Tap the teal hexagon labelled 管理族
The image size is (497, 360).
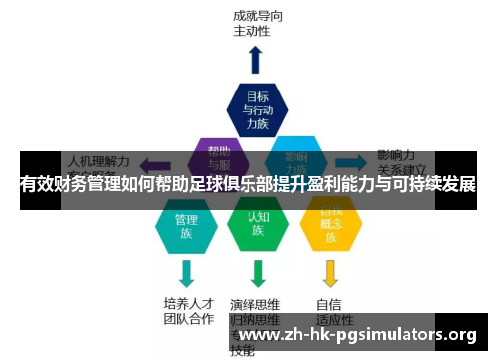tap(186, 228)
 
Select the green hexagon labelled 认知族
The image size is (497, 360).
tap(257, 225)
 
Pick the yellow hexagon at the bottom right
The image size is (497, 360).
tap(329, 227)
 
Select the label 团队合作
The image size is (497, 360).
tap(187, 319)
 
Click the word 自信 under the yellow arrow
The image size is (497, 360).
tap(329, 303)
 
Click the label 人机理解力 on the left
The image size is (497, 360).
tap(97, 158)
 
